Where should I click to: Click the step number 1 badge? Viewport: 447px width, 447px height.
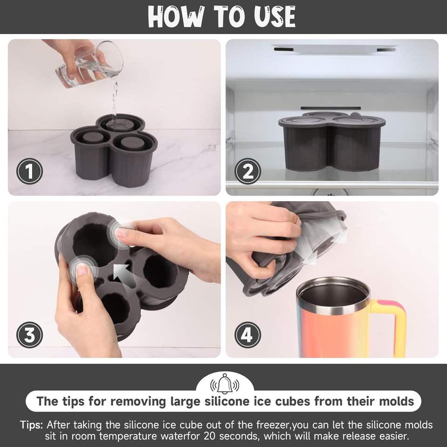29,171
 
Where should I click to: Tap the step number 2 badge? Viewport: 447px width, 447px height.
248,171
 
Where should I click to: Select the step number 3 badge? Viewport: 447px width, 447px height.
29,335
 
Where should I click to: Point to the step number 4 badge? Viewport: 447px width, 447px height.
248,335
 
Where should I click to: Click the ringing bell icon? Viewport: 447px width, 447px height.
224,384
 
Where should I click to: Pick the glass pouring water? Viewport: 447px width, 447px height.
89,64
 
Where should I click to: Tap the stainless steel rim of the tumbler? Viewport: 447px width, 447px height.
333,297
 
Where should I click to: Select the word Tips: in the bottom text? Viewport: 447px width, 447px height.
31,425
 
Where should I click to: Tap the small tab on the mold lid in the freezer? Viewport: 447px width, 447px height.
355,116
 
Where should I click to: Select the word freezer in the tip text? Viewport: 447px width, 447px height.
273,425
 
